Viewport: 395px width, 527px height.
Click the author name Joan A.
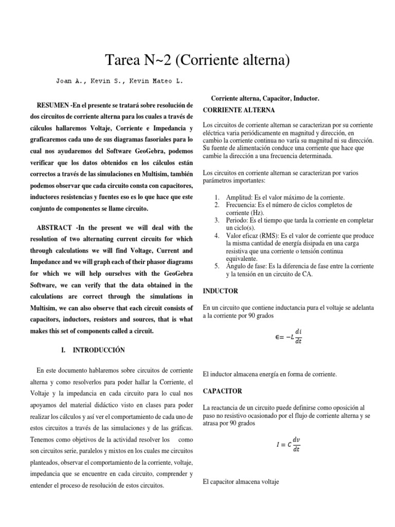coord(72,81)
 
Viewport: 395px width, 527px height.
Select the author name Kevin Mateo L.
coord(157,81)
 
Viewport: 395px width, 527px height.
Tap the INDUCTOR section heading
coord(221,291)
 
